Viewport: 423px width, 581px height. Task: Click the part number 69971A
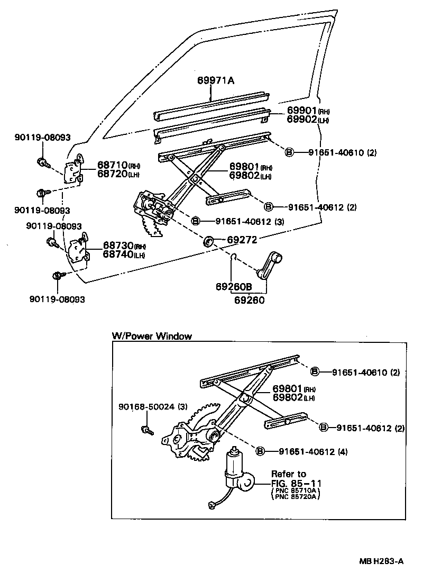click(x=216, y=80)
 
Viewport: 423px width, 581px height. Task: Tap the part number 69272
click(x=242, y=240)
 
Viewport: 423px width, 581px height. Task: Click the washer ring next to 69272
click(x=209, y=241)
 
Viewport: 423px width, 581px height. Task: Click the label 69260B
click(x=233, y=287)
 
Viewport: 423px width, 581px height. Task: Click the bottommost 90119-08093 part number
click(x=57, y=299)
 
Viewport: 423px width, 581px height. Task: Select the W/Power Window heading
click(x=151, y=336)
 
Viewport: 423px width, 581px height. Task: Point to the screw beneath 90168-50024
click(x=147, y=430)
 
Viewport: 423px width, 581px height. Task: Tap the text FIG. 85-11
click(x=296, y=483)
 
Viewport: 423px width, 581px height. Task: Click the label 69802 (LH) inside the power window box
click(x=294, y=397)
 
